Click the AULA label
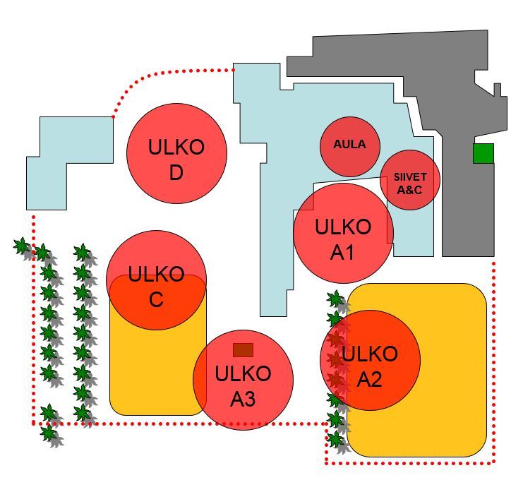pos(349,144)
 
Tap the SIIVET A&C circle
pos(410,180)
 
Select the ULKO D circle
pos(176,153)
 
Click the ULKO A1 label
pos(343,239)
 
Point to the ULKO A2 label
pos(370,366)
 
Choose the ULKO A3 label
pos(243,386)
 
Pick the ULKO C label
pos(156,287)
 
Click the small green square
pos(483,153)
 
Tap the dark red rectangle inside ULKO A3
pos(244,350)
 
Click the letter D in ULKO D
pos(176,173)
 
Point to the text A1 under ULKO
pos(342,253)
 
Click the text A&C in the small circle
pos(409,190)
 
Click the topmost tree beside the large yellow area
pos(337,299)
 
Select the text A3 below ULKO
pos(243,399)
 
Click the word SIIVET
pos(410,176)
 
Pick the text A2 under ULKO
pos(369,379)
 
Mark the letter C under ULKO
pos(156,299)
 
